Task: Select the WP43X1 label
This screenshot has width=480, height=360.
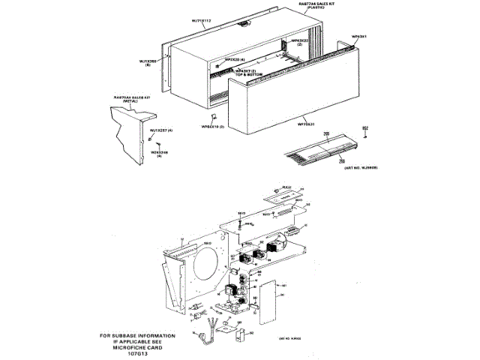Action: point(358,35)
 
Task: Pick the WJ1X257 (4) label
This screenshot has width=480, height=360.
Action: point(161,130)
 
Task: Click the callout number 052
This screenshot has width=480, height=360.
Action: point(366,127)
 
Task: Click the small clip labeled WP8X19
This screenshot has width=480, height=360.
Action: point(215,117)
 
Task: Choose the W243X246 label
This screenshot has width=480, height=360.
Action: point(160,154)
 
